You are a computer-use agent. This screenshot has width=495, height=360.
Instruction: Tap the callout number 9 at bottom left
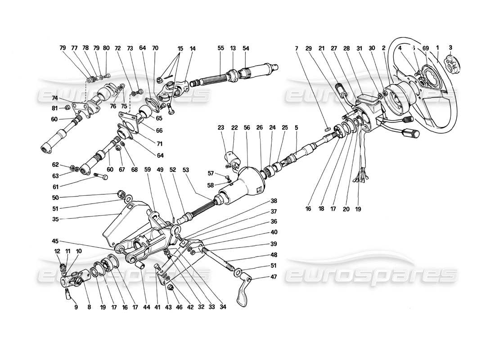coord(76,308)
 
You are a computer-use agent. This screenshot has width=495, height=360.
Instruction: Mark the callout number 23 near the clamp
coord(221,127)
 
